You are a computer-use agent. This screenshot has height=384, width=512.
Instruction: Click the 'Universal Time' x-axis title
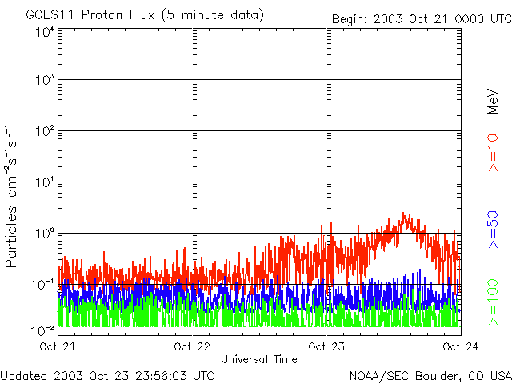259,359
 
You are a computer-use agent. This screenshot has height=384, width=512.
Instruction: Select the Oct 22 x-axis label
193,346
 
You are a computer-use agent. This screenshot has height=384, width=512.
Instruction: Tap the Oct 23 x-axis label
327,346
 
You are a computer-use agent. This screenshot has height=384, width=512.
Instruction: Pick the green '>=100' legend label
494,301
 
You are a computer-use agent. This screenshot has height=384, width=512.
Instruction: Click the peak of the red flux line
405,214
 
